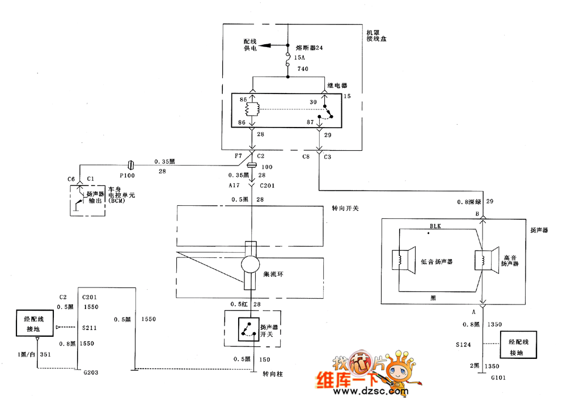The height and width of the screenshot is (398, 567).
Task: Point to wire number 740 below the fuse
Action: coord(302,69)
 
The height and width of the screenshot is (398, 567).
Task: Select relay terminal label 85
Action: coord(243,100)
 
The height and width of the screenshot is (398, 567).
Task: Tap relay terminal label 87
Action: coord(310,121)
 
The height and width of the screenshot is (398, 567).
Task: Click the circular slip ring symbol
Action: coord(250,265)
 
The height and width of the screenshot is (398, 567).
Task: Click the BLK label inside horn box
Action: coord(435,226)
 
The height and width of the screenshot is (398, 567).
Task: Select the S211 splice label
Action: coord(89,328)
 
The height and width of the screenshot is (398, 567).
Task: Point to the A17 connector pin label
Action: coord(235,185)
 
